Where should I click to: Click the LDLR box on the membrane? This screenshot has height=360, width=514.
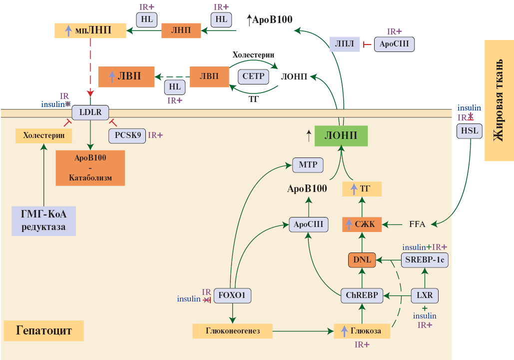(x=90, y=112)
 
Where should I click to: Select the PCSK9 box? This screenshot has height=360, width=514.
(x=127, y=135)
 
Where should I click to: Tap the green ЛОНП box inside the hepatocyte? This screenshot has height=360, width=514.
(x=341, y=135)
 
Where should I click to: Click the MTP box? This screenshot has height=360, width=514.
(x=308, y=164)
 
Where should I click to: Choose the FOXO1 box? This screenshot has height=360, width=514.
(x=232, y=295)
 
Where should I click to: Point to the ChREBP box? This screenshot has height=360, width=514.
(x=362, y=295)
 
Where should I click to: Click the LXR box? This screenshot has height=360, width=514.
(x=425, y=295)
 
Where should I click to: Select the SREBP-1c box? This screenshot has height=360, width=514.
(x=425, y=260)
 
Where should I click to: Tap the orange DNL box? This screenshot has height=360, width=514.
(x=362, y=260)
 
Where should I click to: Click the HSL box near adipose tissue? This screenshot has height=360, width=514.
(x=469, y=131)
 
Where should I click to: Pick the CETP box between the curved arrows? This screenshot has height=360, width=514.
(x=253, y=76)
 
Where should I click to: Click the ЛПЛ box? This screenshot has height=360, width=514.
(x=345, y=44)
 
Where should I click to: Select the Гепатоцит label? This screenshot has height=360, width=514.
(x=44, y=330)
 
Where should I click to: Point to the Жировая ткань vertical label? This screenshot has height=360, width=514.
(x=499, y=100)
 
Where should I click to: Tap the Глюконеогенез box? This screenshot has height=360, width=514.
(x=233, y=330)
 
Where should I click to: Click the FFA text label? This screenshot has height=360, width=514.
(x=417, y=224)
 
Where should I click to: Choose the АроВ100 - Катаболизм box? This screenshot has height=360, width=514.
(x=90, y=167)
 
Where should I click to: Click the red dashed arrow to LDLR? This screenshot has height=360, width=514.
(x=90, y=65)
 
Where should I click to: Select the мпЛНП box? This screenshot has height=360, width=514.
(x=90, y=30)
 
